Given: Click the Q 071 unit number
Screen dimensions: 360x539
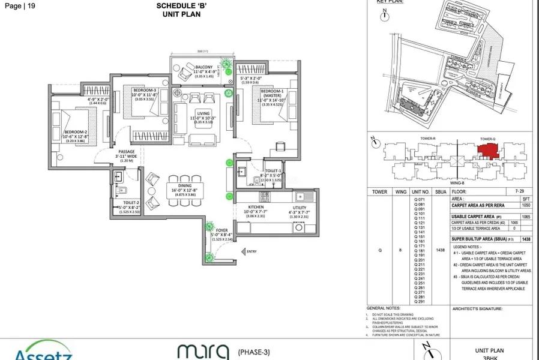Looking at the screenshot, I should click(x=420, y=199).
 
